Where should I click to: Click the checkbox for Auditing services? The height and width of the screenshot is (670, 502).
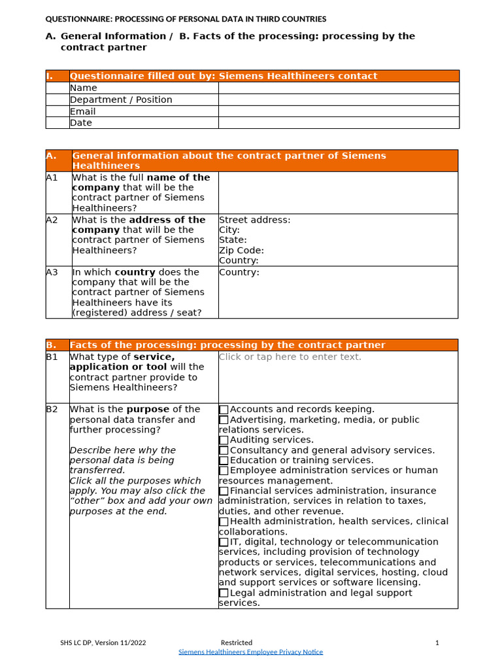(x=224, y=440)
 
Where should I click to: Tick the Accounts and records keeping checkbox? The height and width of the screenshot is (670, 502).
(x=224, y=410)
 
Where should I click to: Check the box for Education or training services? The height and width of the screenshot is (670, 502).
(x=224, y=461)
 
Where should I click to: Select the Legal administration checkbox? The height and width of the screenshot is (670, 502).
(x=224, y=593)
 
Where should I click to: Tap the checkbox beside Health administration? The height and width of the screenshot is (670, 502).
(x=224, y=521)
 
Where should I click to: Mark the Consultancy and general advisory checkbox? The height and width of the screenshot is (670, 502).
(x=224, y=450)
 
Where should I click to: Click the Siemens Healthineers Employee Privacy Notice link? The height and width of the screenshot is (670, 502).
(x=251, y=652)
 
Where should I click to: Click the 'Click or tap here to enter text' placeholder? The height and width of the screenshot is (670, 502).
(x=290, y=357)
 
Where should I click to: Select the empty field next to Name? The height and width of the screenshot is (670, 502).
(x=339, y=88)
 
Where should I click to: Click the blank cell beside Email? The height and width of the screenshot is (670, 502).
(x=339, y=111)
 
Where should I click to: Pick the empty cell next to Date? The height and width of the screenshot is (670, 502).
(x=339, y=123)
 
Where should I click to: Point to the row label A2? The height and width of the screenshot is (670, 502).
(x=52, y=220)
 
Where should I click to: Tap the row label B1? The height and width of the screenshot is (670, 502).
(x=52, y=357)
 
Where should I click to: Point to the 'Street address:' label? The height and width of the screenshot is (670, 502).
(x=254, y=220)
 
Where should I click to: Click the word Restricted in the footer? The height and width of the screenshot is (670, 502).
(x=236, y=643)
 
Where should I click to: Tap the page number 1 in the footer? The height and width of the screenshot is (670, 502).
(x=437, y=643)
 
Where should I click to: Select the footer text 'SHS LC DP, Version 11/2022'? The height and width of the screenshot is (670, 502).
(x=103, y=643)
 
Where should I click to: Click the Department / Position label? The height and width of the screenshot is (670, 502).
(x=121, y=99)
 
